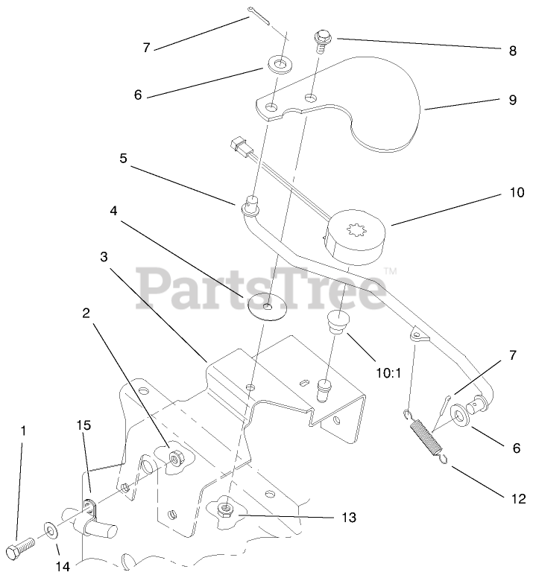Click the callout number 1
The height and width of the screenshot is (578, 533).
[x=23, y=430]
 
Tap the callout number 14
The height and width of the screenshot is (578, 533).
[x=62, y=565]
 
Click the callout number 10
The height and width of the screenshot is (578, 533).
[x=511, y=193]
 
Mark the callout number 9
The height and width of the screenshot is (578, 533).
[x=512, y=100]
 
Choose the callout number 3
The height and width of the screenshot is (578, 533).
[x=104, y=255]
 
